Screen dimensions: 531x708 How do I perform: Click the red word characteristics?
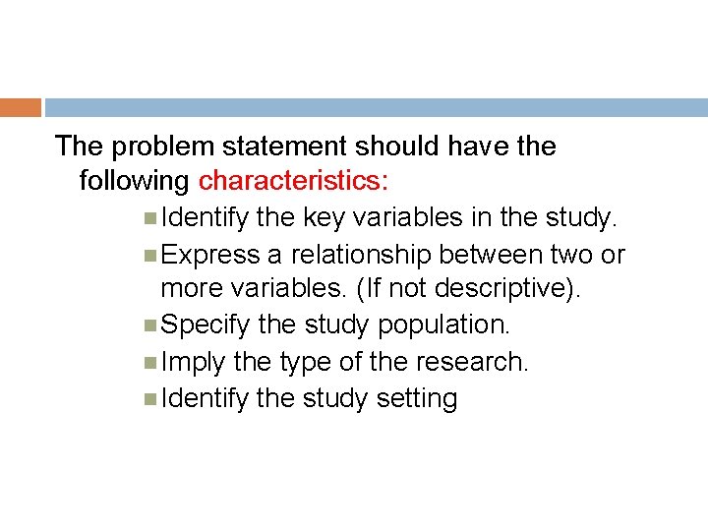click(293, 182)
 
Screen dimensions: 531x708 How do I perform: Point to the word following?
click(135, 182)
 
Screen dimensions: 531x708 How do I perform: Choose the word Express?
click(209, 255)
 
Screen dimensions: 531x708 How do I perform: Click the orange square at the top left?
click(20, 107)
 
